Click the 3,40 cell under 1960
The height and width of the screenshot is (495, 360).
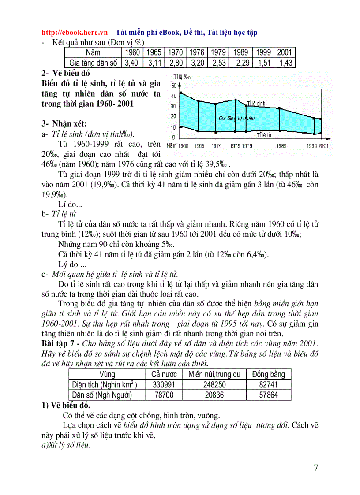[131, 63]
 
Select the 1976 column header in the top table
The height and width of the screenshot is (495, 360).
[197, 52]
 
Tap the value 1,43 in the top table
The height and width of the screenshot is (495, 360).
[285, 63]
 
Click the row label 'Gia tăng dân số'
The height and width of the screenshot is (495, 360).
[91, 63]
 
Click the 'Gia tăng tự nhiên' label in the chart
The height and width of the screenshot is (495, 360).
[237, 118]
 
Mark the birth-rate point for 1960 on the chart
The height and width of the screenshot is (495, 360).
[181, 93]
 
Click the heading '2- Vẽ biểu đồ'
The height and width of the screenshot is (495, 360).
[66, 73]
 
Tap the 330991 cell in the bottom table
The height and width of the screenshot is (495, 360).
[163, 385]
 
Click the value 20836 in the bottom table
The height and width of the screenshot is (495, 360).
[214, 395]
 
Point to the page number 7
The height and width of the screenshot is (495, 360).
[316, 468]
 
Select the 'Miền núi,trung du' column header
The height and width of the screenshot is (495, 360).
[214, 374]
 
